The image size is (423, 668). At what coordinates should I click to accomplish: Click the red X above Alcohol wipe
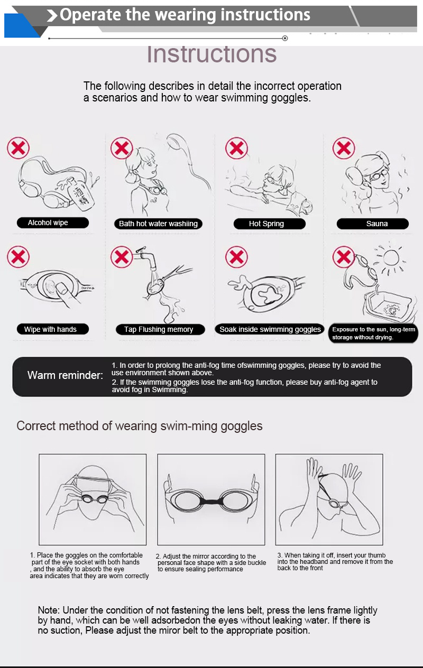18,147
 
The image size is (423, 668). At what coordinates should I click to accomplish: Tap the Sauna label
376,224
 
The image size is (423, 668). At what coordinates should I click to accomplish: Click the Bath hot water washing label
158,224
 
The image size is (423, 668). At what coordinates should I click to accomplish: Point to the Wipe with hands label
51,329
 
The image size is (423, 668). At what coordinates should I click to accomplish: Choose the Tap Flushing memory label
159,329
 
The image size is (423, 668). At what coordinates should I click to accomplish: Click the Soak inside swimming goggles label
270,329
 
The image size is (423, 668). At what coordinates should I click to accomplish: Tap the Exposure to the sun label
373,333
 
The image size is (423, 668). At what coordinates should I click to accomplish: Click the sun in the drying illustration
392,259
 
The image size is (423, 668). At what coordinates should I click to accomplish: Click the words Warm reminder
65,375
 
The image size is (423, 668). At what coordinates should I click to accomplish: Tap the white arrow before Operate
52,16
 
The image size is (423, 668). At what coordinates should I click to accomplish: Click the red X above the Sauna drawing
344,147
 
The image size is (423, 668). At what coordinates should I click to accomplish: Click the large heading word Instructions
212,54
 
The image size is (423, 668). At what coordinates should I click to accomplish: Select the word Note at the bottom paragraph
49,610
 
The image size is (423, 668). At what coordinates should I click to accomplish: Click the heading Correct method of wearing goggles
140,426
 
